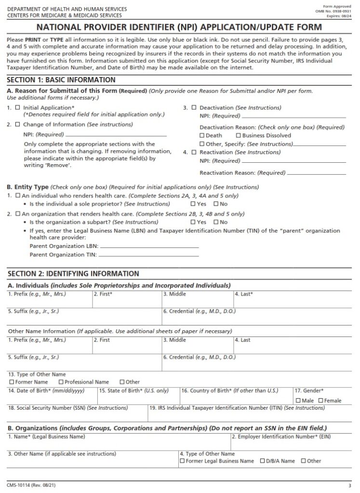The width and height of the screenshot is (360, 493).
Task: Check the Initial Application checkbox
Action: [x=18, y=108]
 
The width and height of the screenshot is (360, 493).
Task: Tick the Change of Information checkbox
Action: [x=18, y=124]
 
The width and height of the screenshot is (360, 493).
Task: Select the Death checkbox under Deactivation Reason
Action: [x=202, y=136]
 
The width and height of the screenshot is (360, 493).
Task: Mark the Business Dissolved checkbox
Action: [x=238, y=136]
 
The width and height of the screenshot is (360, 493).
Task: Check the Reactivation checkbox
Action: [x=194, y=152]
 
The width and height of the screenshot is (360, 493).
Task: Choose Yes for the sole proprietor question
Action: [x=193, y=204]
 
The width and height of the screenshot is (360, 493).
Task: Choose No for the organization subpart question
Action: [x=216, y=222]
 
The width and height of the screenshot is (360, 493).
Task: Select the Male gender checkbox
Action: [x=298, y=401]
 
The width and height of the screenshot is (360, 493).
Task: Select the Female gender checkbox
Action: [x=320, y=401]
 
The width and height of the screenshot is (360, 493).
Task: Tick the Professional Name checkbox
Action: [x=61, y=382]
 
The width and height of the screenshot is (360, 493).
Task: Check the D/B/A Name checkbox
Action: [x=262, y=461]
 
